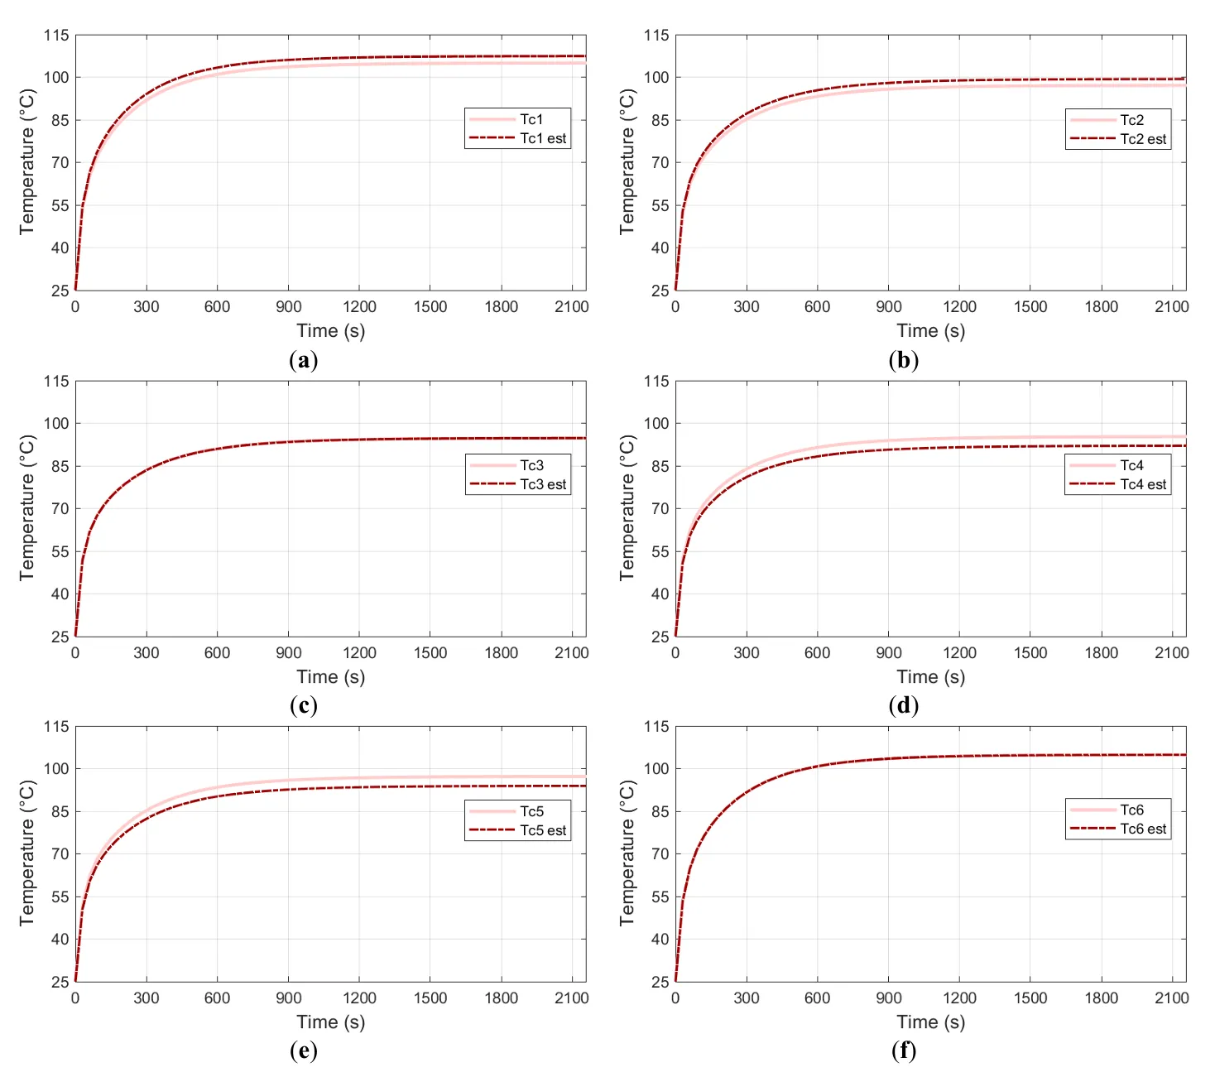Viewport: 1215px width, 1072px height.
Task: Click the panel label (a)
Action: pos(304,360)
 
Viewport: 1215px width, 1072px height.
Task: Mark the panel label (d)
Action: pos(903,705)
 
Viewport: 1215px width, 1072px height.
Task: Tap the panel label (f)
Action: pos(903,1050)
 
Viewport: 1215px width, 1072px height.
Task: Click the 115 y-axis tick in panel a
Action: pos(57,36)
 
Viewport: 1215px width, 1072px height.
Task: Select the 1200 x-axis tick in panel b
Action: pos(959,307)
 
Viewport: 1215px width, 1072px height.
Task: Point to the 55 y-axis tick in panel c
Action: pos(60,551)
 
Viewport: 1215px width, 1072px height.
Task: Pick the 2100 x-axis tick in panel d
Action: pos(1172,653)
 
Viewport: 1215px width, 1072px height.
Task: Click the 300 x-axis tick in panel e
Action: pos(146,998)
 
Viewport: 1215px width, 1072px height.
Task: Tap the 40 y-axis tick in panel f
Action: pos(660,940)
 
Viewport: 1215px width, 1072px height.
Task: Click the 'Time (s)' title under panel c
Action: pos(330,677)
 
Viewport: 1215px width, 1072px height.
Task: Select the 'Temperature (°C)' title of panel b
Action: pos(627,162)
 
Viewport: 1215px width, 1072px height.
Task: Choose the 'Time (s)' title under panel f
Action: pos(930,1022)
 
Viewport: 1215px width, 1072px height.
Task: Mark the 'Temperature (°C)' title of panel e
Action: pos(27,853)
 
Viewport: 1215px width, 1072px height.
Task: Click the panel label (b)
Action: pos(903,360)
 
